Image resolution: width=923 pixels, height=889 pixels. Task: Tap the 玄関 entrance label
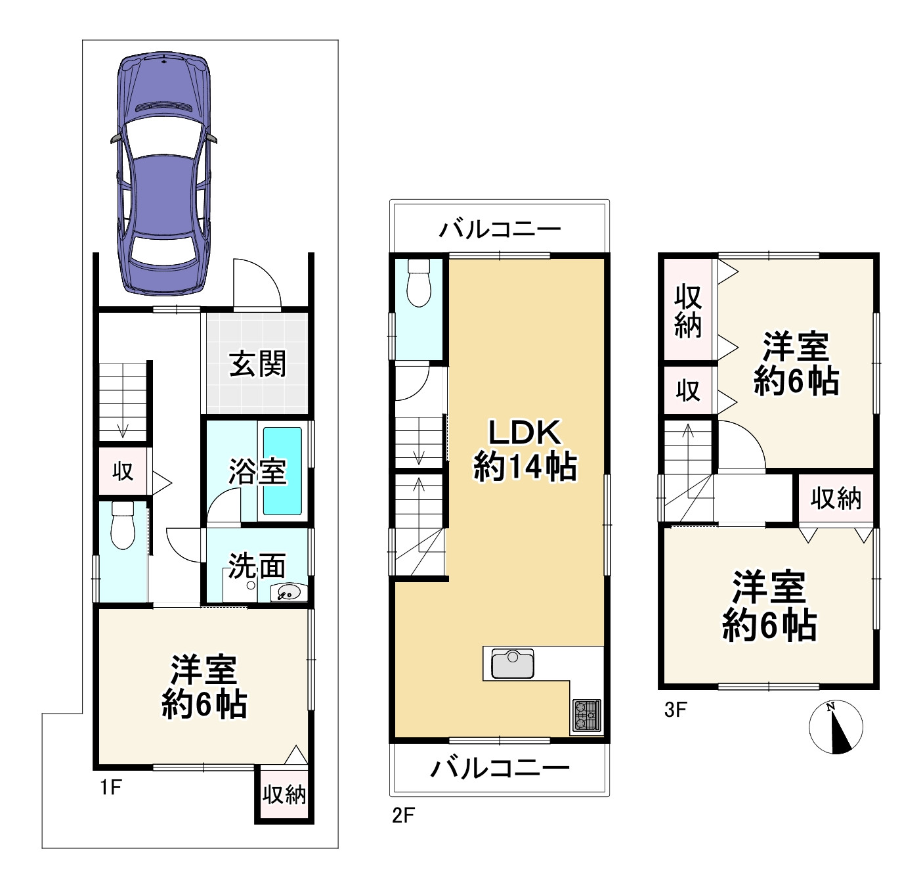pos(257,364)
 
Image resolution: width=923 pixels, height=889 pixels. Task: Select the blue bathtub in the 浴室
pos(282,471)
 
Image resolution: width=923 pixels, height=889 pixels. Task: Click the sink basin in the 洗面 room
pos(288,593)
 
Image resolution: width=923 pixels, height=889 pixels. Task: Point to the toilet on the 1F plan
pos(122,525)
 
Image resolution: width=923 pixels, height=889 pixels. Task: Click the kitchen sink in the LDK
pos(512,663)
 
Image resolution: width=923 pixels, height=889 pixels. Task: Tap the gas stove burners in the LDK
pos(586,715)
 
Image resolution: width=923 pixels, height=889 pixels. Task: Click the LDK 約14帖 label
pos(525,450)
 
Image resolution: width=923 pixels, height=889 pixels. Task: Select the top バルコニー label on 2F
pos(500,229)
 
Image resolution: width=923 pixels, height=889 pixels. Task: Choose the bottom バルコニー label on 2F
pos(500,768)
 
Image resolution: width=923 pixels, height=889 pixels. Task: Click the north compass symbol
pos(835,727)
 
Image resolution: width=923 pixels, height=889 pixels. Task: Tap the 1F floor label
pos(111,786)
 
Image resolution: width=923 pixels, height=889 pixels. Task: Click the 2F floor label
pos(403,815)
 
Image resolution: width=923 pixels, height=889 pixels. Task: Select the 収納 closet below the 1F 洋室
pos(284,794)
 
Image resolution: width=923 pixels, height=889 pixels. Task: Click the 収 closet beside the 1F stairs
pos(123,471)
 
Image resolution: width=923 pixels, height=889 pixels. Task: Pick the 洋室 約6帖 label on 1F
pos(204,687)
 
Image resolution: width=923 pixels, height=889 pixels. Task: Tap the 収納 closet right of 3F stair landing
pos(835,499)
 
